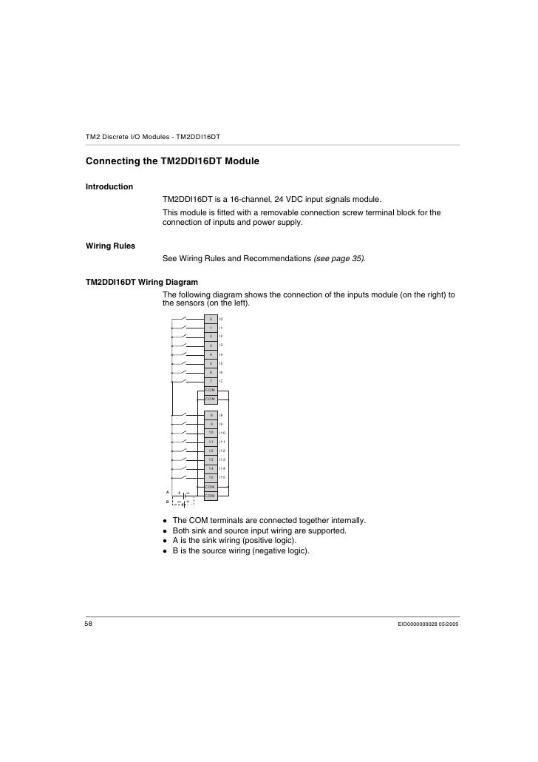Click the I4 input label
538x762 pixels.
pos(221,354)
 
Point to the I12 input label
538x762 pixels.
pos(222,451)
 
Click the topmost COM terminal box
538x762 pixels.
pos(210,390)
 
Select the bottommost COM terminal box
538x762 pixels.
pos(210,496)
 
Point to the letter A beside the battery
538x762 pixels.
pos(168,491)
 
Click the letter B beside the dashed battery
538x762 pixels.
pos(168,502)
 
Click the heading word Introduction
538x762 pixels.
pos(109,186)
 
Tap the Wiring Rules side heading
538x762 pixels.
pos(110,245)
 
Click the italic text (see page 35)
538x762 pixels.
pos(339,258)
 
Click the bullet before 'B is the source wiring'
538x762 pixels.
pos(166,551)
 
